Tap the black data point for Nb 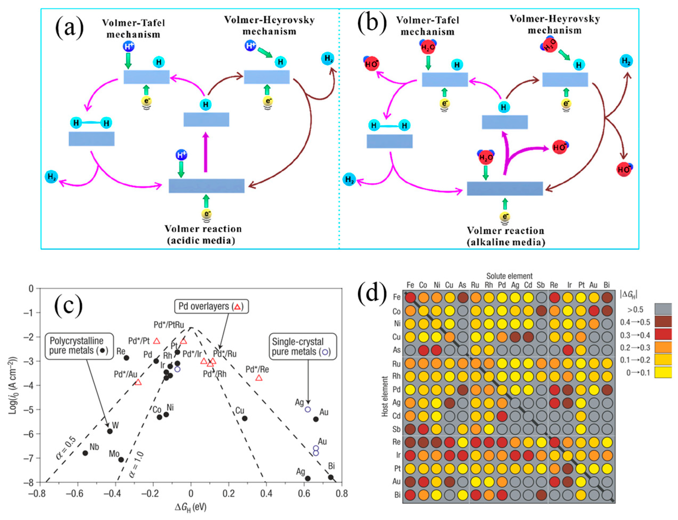tap(85, 453)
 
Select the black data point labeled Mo tap(121, 460)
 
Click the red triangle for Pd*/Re tap(258, 378)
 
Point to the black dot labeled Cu tap(244, 418)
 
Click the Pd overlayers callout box tap(211, 306)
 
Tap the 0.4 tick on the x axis tap(266, 493)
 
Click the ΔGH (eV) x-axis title tap(191, 507)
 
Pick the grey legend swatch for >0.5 tap(663, 309)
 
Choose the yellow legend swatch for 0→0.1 tap(663, 372)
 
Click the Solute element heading tap(509, 276)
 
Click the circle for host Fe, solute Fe tap(410, 297)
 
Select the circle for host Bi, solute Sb tap(541, 495)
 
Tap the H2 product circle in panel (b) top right tap(626, 61)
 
